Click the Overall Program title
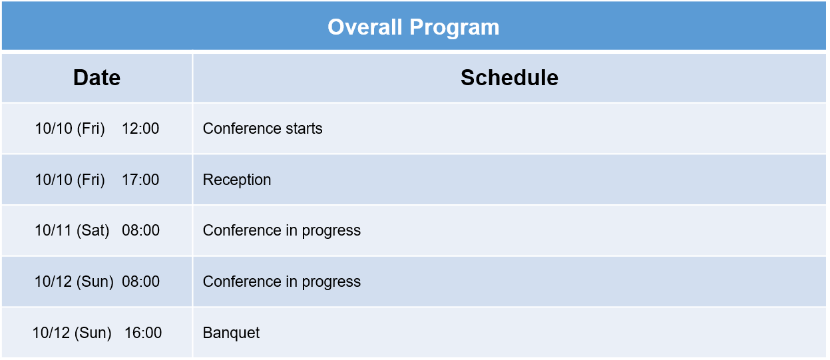pyautogui.click(x=413, y=27)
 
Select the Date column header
pyautogui.click(x=97, y=77)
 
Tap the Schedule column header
pyautogui.click(x=509, y=77)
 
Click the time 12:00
pyautogui.click(x=140, y=128)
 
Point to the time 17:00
pyautogui.click(x=140, y=180)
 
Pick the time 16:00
pyautogui.click(x=143, y=333)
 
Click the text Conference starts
pyautogui.click(x=262, y=128)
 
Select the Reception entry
pyautogui.click(x=237, y=180)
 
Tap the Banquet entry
pyautogui.click(x=231, y=333)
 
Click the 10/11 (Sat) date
pyautogui.click(x=72, y=230)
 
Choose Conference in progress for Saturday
pyautogui.click(x=282, y=231)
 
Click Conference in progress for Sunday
pyautogui.click(x=282, y=282)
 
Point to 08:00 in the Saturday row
pyautogui.click(x=141, y=230)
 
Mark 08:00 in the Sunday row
pyautogui.click(x=141, y=281)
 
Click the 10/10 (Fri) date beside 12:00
pyautogui.click(x=70, y=128)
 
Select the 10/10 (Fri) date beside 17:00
pyautogui.click(x=70, y=180)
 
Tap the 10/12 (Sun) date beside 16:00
pyautogui.click(x=72, y=333)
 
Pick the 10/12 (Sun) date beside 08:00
pyautogui.click(x=74, y=281)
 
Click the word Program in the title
pyautogui.click(x=455, y=28)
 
